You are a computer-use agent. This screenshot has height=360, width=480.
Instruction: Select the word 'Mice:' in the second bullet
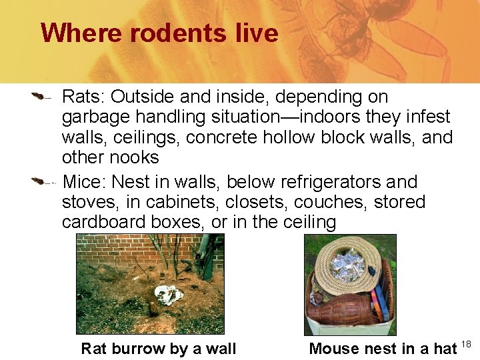coord(84,182)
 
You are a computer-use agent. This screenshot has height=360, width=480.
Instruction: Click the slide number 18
coord(466,343)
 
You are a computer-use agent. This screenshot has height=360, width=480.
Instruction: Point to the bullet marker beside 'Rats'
coord(41,97)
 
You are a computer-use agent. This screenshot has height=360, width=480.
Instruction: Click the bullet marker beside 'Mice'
coord(41,181)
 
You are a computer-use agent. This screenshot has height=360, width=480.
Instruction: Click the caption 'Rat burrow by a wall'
coord(158,348)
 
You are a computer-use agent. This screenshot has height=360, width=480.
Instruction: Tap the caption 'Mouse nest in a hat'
coord(383,348)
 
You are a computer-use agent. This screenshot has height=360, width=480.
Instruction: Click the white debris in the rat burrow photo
coord(167,293)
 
